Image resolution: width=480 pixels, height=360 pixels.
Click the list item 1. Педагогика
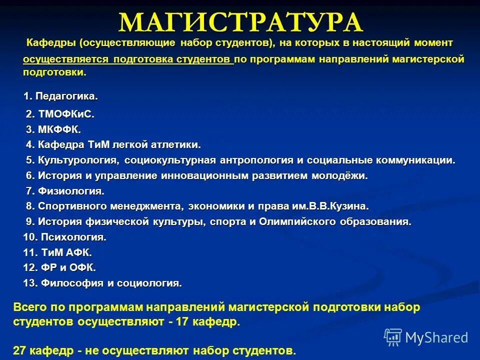[61, 95]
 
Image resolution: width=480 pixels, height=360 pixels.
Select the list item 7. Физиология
[65, 191]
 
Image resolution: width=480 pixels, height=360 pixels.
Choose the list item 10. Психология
[65, 236]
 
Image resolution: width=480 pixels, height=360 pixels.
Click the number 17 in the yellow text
[183, 322]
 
